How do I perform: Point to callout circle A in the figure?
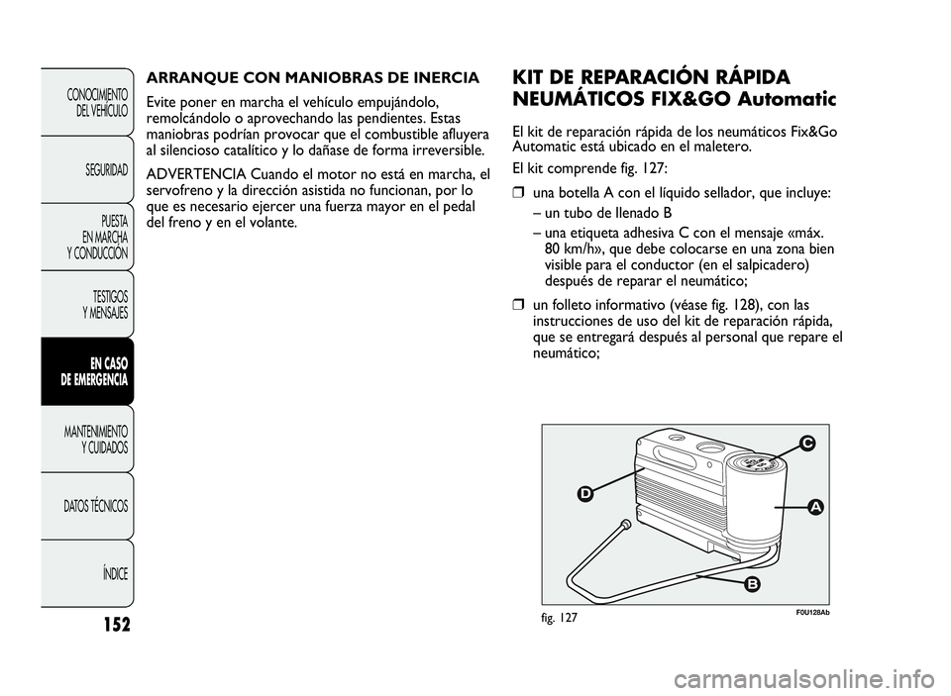point(814,506)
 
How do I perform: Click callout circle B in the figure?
point(752,585)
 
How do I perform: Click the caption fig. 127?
point(561,616)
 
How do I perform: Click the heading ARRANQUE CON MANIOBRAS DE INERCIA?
point(313,77)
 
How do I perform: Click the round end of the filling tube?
point(625,524)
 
